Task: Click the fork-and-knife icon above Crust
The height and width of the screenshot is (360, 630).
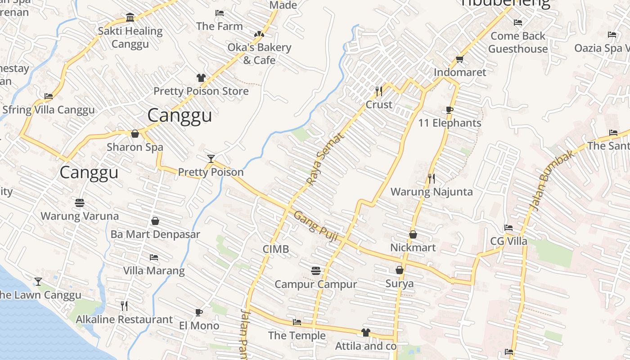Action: [379, 91]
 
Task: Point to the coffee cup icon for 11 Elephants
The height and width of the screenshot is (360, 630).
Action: [449, 110]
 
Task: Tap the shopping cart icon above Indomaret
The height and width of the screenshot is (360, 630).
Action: [459, 59]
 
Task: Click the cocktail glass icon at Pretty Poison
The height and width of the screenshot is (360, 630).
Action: [211, 158]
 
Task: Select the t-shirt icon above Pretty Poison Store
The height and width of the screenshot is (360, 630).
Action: [201, 78]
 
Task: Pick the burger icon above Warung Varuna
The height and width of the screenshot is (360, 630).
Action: [80, 203]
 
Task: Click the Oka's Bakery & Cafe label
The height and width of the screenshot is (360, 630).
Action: [259, 54]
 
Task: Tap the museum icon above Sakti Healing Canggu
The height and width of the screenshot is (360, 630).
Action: [130, 18]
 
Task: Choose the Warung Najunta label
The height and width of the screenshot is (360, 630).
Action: [432, 192]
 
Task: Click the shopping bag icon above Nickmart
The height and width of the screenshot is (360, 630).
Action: [413, 234]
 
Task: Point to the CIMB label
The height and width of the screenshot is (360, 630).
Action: [276, 249]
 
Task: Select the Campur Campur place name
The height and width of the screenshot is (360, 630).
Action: [315, 284]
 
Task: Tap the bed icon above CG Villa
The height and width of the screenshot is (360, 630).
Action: [508, 228]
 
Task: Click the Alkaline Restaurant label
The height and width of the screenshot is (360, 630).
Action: [124, 319]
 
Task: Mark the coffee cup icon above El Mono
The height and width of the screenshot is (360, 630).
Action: [199, 312]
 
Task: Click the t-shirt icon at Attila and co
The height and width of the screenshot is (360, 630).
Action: [365, 333]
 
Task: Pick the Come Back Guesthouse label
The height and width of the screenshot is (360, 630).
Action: [518, 42]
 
